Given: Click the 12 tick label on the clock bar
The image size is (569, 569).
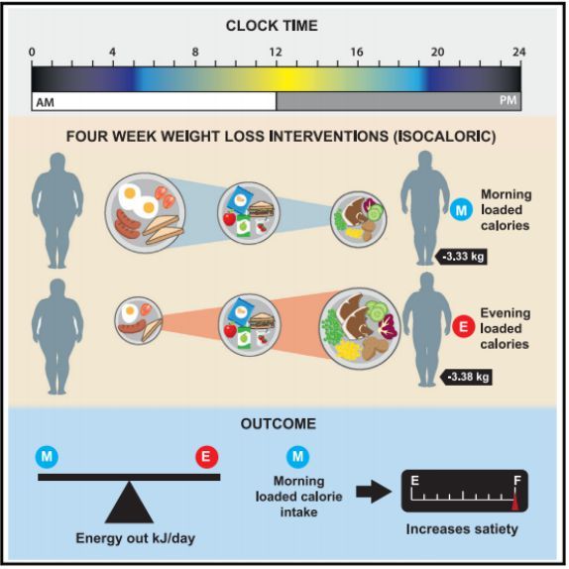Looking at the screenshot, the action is pyautogui.click(x=276, y=52).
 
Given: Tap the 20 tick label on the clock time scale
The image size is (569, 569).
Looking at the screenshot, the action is pyautogui.click(x=437, y=52).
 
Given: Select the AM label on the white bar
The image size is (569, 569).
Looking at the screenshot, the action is pyautogui.click(x=45, y=103).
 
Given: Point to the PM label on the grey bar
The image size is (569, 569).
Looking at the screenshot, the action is pyautogui.click(x=508, y=100).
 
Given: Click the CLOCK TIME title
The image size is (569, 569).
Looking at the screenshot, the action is pyautogui.click(x=272, y=26).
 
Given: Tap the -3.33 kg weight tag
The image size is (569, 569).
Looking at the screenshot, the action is pyautogui.click(x=461, y=257).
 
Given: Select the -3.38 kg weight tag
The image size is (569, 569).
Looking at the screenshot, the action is pyautogui.click(x=466, y=377).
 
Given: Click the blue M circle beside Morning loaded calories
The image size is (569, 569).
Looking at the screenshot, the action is pyautogui.click(x=461, y=210).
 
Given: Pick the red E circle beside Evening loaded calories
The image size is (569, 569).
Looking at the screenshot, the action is pyautogui.click(x=463, y=327).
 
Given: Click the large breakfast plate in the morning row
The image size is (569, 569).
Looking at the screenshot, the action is pyautogui.click(x=145, y=213).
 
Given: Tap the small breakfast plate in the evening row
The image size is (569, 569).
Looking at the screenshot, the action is pyautogui.click(x=139, y=321).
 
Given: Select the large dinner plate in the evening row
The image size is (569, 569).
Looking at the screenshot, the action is pyautogui.click(x=360, y=328).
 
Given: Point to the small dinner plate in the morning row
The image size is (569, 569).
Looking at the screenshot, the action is pyautogui.click(x=359, y=219).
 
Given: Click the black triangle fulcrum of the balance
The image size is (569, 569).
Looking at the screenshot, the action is pyautogui.click(x=129, y=503).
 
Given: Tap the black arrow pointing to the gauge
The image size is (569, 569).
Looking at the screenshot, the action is pyautogui.click(x=374, y=492).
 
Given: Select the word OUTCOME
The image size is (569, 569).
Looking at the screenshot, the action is pyautogui.click(x=279, y=424).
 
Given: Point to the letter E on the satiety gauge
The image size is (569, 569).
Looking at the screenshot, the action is pyautogui.click(x=414, y=481).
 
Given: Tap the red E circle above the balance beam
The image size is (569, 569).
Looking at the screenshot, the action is pyautogui.click(x=207, y=457).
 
